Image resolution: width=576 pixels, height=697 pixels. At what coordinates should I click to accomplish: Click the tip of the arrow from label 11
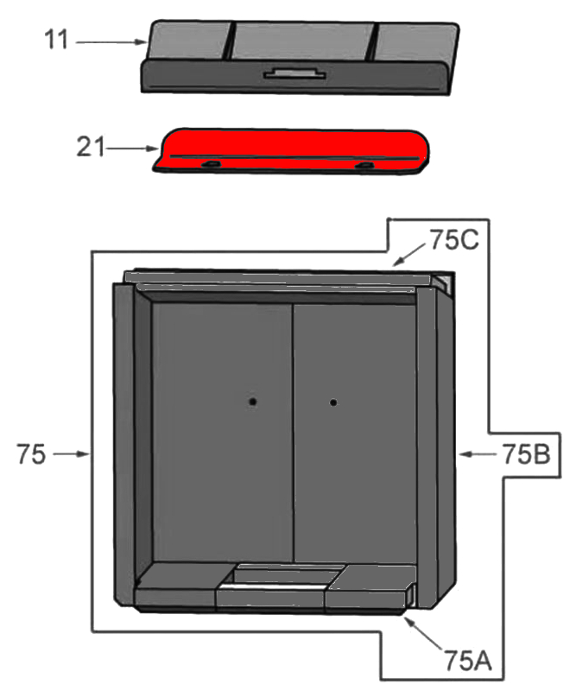pyautogui.click(x=147, y=42)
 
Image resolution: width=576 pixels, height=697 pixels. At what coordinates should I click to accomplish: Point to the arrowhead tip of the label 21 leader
pyautogui.click(x=159, y=149)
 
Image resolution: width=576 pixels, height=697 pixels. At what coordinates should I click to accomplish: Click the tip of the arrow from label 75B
pyautogui.click(x=459, y=453)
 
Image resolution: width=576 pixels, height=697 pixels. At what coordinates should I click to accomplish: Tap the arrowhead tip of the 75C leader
pyautogui.click(x=393, y=265)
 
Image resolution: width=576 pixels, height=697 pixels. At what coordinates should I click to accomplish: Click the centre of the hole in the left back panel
pyautogui.click(x=252, y=402)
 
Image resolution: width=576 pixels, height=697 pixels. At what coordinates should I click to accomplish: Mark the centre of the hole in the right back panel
pyautogui.click(x=332, y=402)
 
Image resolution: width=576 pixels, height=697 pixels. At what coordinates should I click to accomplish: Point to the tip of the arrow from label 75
pyautogui.click(x=90, y=453)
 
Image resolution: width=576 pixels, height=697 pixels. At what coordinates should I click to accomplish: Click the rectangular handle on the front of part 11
pyautogui.click(x=294, y=73)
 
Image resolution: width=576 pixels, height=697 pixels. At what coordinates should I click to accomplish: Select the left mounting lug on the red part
pyautogui.click(x=212, y=165)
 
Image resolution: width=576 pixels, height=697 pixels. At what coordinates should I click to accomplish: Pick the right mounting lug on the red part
pyautogui.click(x=365, y=166)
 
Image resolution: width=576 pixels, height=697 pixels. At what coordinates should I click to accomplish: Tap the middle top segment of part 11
pyautogui.click(x=302, y=41)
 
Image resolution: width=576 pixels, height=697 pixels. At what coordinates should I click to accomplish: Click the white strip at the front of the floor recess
pyautogui.click(x=271, y=587)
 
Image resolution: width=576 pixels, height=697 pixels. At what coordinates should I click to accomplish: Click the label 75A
pyautogui.click(x=468, y=661)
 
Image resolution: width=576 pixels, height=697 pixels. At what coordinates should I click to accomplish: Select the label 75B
pyautogui.click(x=526, y=454)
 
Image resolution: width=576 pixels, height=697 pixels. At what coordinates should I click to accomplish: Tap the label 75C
pyautogui.click(x=454, y=240)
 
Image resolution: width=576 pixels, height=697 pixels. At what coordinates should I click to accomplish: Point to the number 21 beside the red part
pyautogui.click(x=91, y=147)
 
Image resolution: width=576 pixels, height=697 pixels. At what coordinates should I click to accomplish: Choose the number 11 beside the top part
pyautogui.click(x=56, y=39)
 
